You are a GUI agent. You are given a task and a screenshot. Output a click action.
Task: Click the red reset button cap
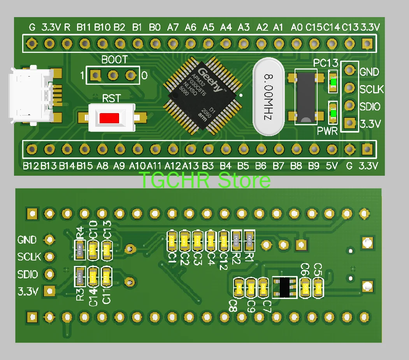tap(109, 117)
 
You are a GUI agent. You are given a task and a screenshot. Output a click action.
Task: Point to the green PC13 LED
tap(333, 82)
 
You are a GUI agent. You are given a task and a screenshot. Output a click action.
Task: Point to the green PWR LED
tap(333, 113)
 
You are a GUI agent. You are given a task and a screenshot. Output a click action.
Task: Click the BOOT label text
tap(114, 60)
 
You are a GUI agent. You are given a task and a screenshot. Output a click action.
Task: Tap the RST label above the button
tap(111, 98)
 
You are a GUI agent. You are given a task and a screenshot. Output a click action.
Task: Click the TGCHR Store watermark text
tap(204, 180)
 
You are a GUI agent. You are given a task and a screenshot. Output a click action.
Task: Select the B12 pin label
tap(31, 166)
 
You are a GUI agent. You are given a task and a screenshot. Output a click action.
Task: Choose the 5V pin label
tap(332, 166)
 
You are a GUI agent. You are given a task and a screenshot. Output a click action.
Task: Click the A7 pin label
tap(173, 28)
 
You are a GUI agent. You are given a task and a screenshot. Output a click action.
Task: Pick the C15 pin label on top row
tap(314, 28)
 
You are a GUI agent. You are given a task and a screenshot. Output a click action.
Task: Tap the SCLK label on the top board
tap(371, 89)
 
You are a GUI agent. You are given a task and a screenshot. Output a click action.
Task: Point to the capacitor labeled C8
tap(239, 288)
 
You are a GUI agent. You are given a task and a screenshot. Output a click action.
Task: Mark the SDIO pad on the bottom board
tap(49, 274)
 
